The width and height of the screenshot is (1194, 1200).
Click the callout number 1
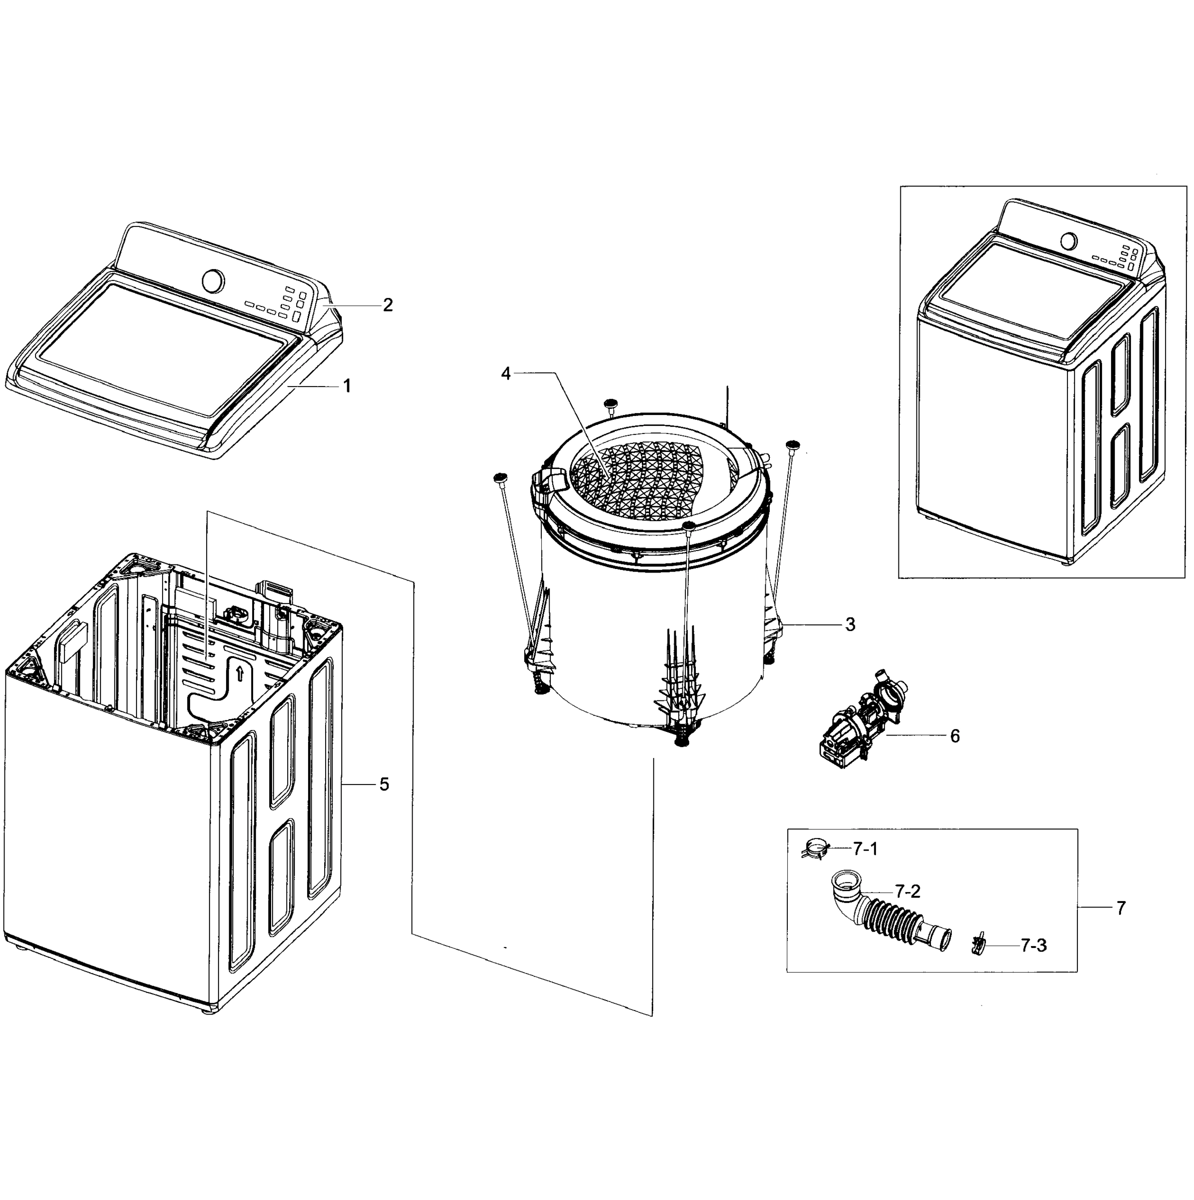(x=347, y=386)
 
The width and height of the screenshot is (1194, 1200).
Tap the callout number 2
(x=388, y=305)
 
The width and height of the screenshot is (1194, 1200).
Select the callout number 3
(x=850, y=624)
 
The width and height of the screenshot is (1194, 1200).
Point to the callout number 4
(x=506, y=374)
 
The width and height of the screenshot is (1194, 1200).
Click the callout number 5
(x=384, y=784)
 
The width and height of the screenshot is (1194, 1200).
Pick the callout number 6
(x=955, y=736)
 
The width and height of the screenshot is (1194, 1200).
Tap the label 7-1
(x=865, y=849)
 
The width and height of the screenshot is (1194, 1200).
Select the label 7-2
(x=907, y=891)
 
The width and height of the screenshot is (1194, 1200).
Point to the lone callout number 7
(x=1120, y=908)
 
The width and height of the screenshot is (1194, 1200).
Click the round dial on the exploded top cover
(x=213, y=280)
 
